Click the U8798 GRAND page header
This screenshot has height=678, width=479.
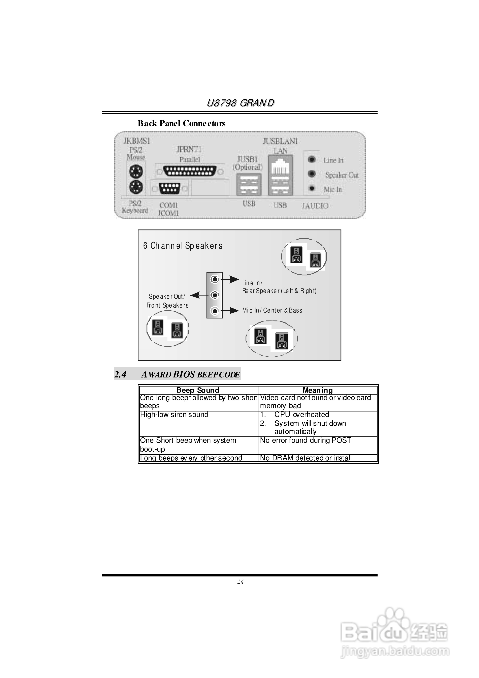[x=240, y=103]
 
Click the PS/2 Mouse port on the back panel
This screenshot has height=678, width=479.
[x=136, y=172]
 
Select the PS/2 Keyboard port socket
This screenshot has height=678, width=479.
[x=136, y=187]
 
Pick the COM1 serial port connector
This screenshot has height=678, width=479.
[x=169, y=188]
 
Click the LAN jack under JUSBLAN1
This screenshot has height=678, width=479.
[x=280, y=168]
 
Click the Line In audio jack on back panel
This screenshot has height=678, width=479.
[x=312, y=159]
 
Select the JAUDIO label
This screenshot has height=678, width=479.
[x=315, y=206]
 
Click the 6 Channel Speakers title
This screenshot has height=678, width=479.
[x=183, y=246]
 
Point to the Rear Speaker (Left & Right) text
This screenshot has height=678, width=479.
[x=279, y=291]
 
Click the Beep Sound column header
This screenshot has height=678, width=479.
[x=198, y=390]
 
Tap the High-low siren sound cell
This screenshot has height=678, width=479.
[x=174, y=415]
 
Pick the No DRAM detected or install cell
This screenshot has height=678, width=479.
[x=306, y=458]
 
